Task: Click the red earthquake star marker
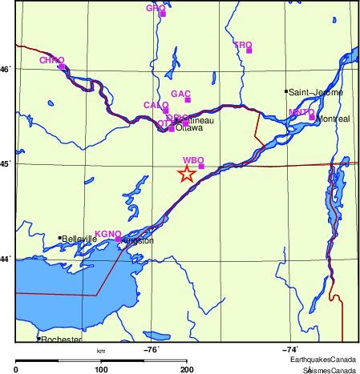tap(186, 174)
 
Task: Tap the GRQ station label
tap(155, 8)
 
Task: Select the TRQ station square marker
tap(249, 50)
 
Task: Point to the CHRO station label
tap(51, 60)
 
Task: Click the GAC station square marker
tap(188, 100)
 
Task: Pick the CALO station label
tap(156, 105)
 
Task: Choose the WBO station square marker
tap(202, 167)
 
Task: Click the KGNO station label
tap(107, 234)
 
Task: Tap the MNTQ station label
tap(301, 111)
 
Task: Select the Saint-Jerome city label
tap(316, 93)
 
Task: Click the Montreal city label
tap(333, 119)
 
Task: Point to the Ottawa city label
tap(189, 127)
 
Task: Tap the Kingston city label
tap(137, 240)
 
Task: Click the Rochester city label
tap(61, 340)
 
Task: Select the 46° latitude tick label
tap(6, 70)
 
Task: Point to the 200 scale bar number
tap(187, 369)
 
